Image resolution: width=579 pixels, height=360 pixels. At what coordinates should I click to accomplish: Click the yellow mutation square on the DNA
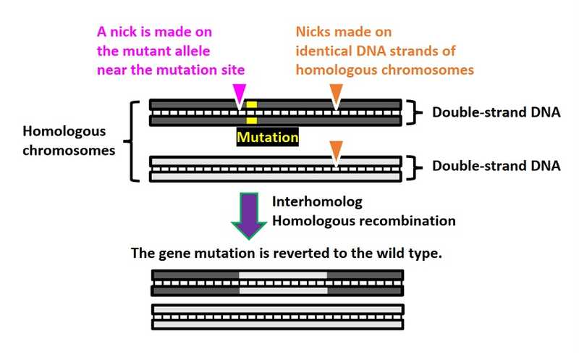click(251, 113)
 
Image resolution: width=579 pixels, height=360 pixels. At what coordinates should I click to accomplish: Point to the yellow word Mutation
click(267, 135)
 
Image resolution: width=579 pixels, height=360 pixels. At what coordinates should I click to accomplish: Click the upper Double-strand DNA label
click(496, 112)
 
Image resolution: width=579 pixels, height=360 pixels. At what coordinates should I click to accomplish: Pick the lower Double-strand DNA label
click(496, 166)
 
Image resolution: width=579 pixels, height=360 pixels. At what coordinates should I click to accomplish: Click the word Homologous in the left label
click(64, 132)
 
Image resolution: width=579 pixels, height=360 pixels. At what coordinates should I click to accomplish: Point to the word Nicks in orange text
click(314, 33)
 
